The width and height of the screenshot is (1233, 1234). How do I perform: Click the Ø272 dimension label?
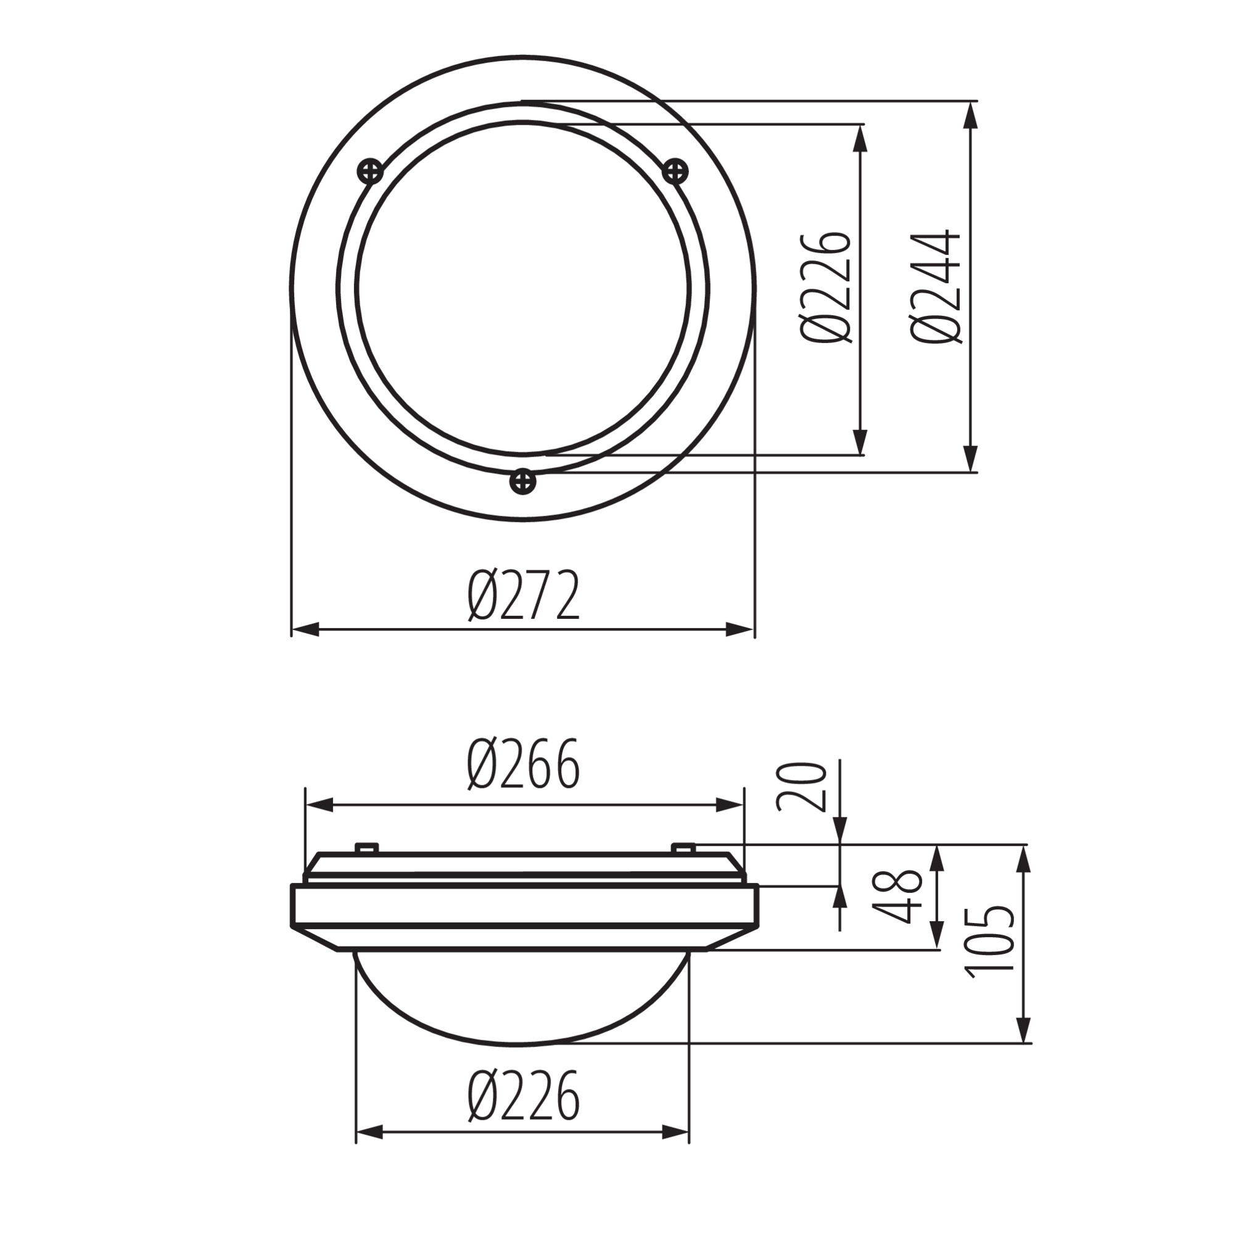coord(524,596)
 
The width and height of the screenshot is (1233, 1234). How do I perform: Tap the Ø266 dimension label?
coord(524,763)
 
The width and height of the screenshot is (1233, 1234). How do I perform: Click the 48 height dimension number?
coord(899,895)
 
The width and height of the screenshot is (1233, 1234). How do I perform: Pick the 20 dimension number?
coord(802,786)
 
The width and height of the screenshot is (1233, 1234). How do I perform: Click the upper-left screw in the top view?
coord(371,171)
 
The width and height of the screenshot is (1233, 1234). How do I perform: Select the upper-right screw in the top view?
coord(675,171)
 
